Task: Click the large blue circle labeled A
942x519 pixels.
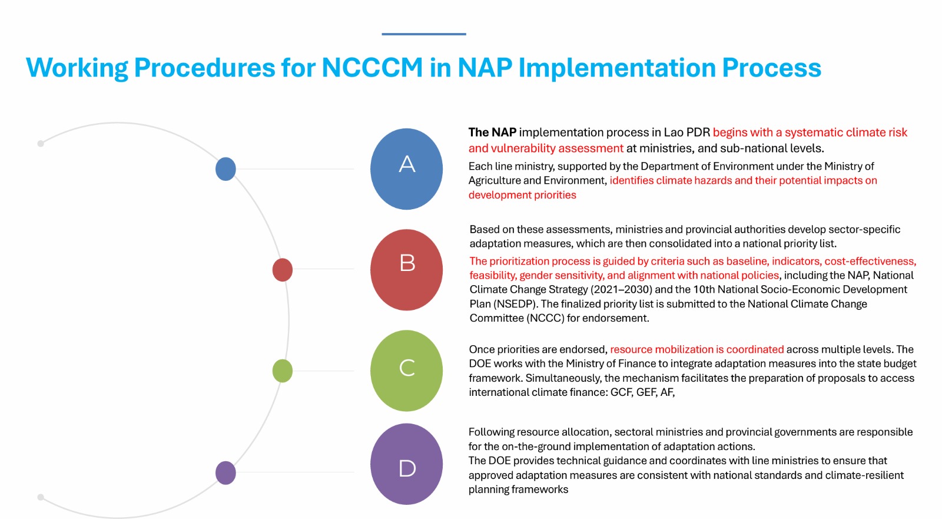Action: (x=406, y=169)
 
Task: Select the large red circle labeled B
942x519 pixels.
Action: (x=406, y=270)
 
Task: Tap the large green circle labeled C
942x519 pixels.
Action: (x=406, y=371)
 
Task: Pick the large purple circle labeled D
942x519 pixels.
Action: (x=406, y=464)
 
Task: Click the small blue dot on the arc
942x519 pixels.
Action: (x=225, y=169)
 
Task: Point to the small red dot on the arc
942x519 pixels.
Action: (x=282, y=270)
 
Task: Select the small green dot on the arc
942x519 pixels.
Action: (x=282, y=371)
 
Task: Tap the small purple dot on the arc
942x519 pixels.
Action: (x=225, y=472)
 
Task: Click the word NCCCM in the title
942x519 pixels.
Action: (x=372, y=67)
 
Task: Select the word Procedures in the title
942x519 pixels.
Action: (x=204, y=67)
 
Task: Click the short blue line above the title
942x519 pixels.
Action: (x=424, y=34)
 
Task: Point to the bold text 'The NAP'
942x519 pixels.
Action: (x=492, y=132)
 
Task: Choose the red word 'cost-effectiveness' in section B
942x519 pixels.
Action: (x=870, y=262)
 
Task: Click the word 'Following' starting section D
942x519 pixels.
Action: (x=491, y=432)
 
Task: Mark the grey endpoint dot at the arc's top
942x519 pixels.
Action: (x=41, y=144)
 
